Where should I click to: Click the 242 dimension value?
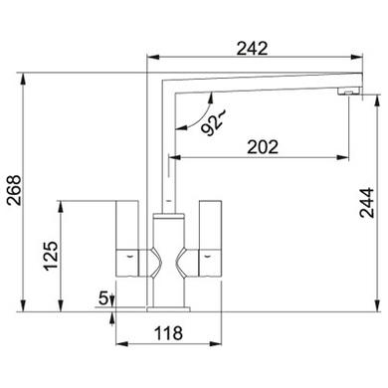tap(252, 49)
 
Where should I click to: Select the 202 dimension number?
tap(263, 147)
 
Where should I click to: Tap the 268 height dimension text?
tap(14, 190)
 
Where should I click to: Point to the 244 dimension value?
tap(367, 202)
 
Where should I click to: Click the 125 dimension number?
tap(52, 256)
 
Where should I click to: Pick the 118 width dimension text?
tap(169, 333)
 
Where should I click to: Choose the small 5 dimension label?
tap(103, 297)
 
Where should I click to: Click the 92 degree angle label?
tap(213, 123)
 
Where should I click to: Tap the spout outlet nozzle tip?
tap(349, 91)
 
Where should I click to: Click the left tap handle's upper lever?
tap(127, 225)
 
